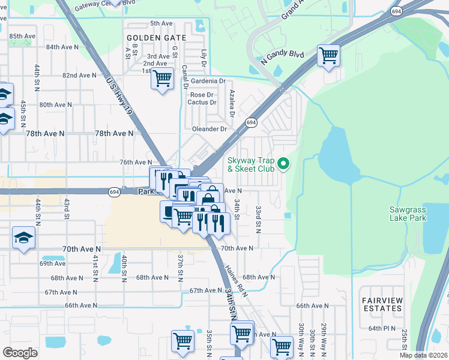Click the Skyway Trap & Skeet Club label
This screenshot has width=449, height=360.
250,164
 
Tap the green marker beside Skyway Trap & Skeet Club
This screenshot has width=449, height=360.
285,163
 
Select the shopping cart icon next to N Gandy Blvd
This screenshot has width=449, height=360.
328,55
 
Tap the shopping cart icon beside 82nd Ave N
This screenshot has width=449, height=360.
163,78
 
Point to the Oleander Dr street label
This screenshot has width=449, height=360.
209,129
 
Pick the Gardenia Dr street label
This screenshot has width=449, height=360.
208,81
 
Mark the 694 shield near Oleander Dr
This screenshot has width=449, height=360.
251,122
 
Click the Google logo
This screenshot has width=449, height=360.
20,353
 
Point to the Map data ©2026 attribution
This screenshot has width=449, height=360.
423,355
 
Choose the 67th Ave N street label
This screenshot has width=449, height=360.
205,290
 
